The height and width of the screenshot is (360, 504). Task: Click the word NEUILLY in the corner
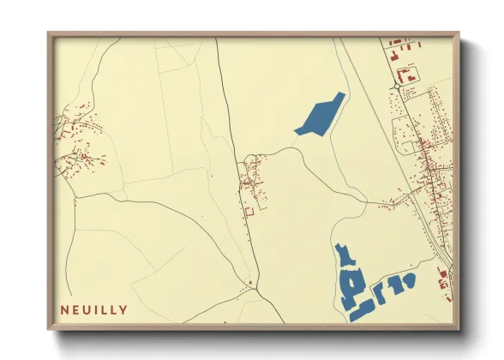(94, 309)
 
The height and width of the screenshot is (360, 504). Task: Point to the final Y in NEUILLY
(124, 309)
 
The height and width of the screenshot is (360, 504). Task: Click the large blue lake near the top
(321, 115)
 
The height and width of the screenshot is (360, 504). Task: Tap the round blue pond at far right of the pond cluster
(409, 280)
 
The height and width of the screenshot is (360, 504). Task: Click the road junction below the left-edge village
(75, 199)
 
